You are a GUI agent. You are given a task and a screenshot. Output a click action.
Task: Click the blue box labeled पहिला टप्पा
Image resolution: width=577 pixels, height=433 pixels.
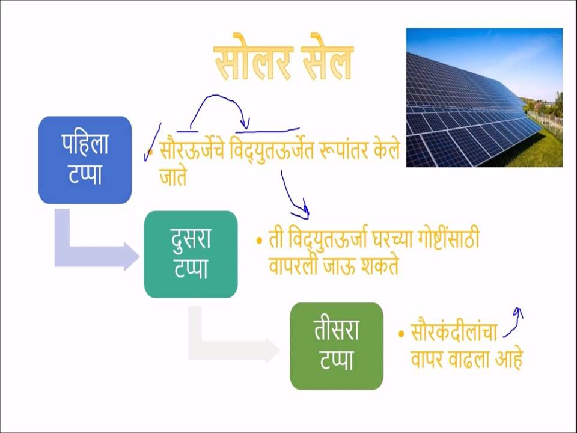[85, 160]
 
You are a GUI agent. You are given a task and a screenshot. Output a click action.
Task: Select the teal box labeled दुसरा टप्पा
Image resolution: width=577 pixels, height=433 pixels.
[191, 254]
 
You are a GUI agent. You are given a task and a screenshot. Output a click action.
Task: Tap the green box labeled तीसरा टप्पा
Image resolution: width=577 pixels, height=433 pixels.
[337, 346]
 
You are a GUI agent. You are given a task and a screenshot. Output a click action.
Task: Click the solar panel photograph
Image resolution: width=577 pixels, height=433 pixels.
[484, 97]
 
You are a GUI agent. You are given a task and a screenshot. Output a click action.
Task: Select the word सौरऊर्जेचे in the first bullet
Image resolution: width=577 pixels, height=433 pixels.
[192, 150]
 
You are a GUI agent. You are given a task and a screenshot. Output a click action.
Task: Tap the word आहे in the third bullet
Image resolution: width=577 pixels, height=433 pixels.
[509, 358]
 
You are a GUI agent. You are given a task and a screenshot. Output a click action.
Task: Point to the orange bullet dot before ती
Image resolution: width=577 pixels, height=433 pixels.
[260, 241]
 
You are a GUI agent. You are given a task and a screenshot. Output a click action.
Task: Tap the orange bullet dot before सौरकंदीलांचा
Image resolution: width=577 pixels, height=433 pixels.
[401, 334]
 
